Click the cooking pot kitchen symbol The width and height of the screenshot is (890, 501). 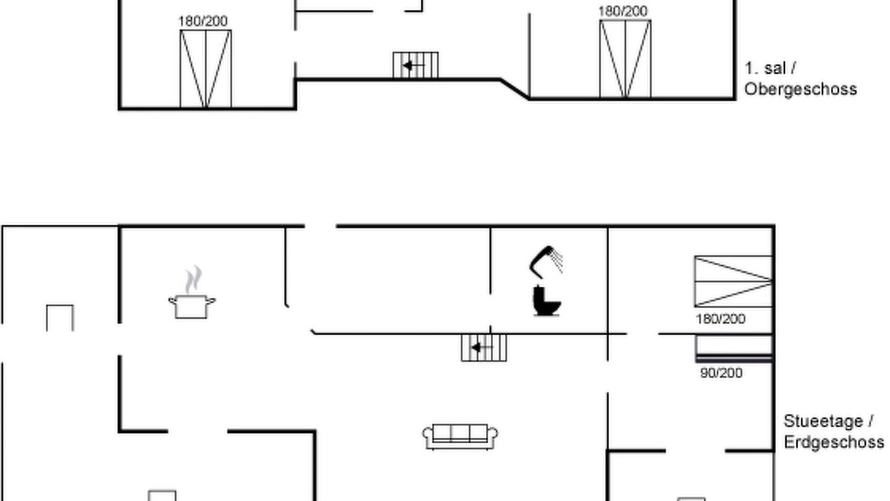coord(192,306)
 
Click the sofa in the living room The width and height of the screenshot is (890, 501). coord(460,436)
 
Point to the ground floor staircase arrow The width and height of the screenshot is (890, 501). coord(482,348)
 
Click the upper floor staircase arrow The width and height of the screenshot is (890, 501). coord(413,65)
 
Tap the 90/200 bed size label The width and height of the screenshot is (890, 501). coord(721,373)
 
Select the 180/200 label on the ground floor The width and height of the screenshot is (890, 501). coord(720,319)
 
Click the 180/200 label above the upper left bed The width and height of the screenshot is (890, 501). coord(203,21)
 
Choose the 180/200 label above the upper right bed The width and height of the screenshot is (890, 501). coord(623,11)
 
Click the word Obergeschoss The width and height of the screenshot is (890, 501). coord(800,89)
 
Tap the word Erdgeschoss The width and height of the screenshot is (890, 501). coord(834,442)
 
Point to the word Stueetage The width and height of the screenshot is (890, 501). coord(823,421)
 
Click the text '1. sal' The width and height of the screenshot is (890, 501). coord(766,68)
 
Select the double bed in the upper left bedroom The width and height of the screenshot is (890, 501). coord(206,69)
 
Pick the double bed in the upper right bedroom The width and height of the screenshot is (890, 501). coord(625,59)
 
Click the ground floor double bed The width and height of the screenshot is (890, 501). coord(734,282)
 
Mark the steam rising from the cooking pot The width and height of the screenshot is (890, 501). coord(193,280)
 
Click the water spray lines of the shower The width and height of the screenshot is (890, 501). coord(556,260)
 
